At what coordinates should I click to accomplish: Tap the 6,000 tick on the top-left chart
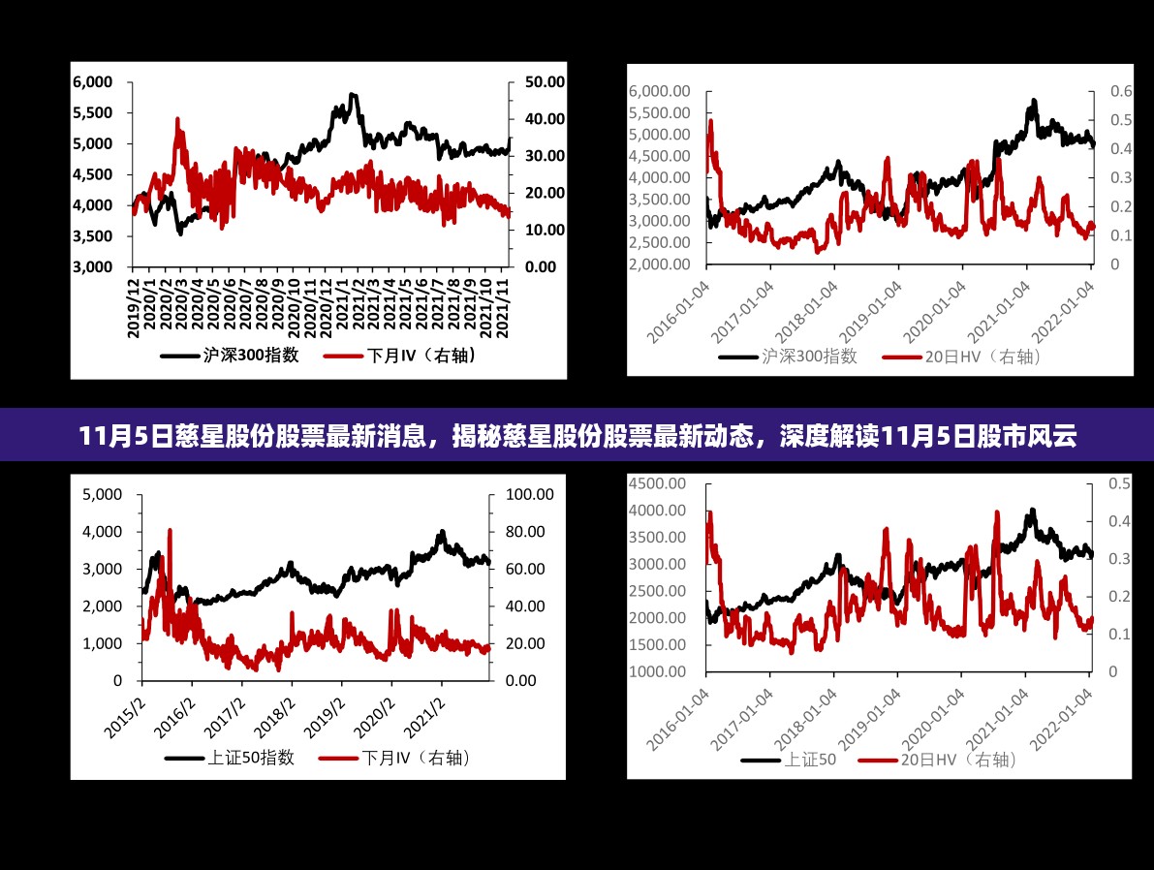[93, 82]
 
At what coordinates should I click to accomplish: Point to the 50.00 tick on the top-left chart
[544, 82]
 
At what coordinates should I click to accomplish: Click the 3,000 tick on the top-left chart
[93, 266]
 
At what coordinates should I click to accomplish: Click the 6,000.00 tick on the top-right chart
[659, 91]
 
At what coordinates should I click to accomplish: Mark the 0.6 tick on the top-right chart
[1121, 91]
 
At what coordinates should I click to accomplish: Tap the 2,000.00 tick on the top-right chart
[659, 264]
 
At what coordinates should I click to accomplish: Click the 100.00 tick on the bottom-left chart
[530, 494]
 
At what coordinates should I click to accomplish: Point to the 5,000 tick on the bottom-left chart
[103, 494]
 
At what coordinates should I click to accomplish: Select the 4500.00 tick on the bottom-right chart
[657, 483]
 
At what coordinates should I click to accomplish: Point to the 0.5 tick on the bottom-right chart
[1119, 483]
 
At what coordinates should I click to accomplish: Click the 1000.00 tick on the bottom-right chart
[657, 671]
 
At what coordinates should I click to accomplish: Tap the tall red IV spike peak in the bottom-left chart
[171, 531]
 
